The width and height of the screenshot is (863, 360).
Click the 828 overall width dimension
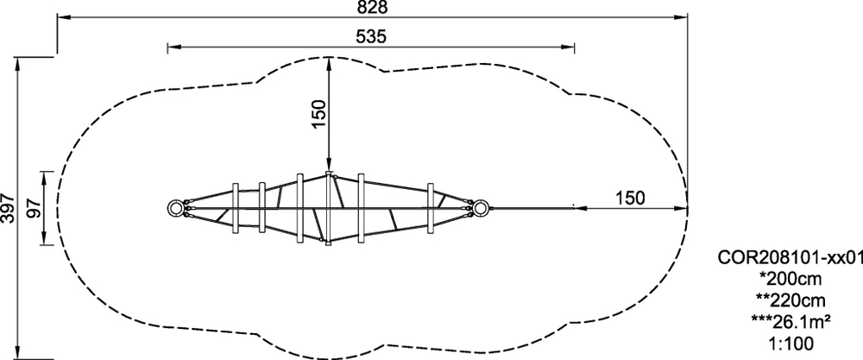point(372,7)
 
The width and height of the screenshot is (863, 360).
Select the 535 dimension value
point(371,37)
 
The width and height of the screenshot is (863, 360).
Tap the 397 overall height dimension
point(8,207)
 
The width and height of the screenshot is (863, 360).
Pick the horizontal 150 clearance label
point(630,199)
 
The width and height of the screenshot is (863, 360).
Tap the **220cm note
point(791,300)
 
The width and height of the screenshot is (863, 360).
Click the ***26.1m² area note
point(791,322)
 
